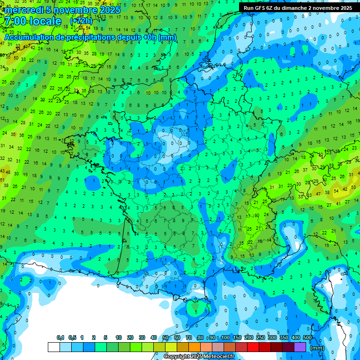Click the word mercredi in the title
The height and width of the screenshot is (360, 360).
tap(24, 10)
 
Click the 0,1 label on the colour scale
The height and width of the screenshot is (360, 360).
tap(60, 337)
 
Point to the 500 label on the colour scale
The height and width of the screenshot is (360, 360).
tap(307, 337)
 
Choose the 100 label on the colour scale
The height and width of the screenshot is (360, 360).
tap(225, 337)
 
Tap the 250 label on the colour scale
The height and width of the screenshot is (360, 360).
tap(261, 337)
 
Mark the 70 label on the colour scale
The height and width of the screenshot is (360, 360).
tap(189, 337)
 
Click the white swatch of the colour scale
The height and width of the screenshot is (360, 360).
tap(54, 347)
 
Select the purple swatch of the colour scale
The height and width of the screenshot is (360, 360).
tap(300, 347)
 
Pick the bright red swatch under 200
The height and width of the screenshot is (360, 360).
tap(253, 347)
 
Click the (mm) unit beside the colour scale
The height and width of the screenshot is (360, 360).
tap(317, 348)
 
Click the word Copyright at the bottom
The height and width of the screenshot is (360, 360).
tap(177, 357)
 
